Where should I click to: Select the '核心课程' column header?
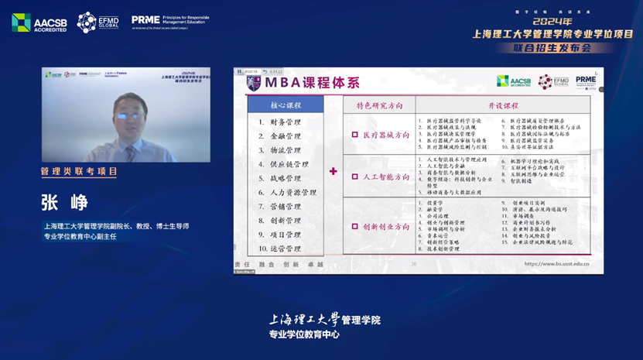click(x=286, y=105)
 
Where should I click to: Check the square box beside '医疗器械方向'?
click(x=355, y=135)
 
